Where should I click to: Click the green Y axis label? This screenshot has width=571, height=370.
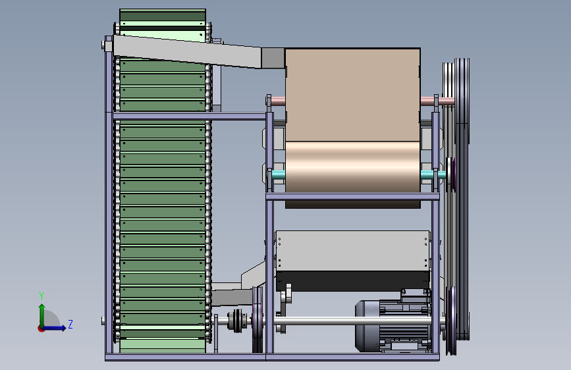(x=41, y=296)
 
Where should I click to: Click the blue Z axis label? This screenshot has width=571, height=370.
(x=70, y=324)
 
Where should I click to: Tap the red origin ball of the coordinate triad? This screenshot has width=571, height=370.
(x=41, y=329)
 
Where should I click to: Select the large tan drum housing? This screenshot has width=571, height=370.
(x=352, y=120)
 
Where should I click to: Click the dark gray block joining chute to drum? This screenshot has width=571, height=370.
(x=273, y=57)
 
